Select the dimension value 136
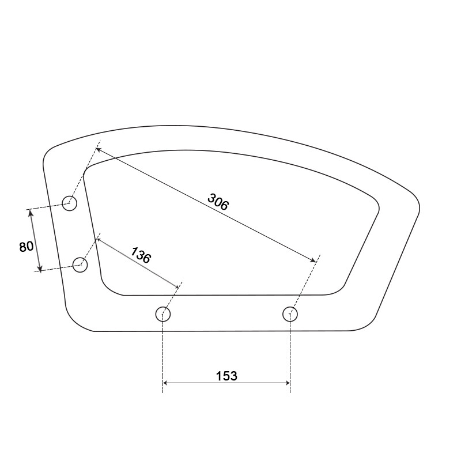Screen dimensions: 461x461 pos(141,255)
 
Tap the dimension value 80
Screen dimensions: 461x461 pos(26,247)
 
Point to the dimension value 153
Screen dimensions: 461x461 pos(226,376)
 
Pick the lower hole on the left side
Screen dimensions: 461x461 pos(80,265)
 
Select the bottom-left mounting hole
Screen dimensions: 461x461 pos(164,314)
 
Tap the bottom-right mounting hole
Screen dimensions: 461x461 pos(290,314)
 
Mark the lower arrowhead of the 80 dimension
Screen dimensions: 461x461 pos(40,269)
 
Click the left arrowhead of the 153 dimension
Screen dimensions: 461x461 pos(166,383)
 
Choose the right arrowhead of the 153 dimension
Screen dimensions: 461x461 pos(288,383)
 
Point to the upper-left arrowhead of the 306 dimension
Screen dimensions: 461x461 pos(97,149)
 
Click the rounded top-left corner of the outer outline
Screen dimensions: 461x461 pos(47,153)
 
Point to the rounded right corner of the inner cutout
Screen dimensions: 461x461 pos(377,207)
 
